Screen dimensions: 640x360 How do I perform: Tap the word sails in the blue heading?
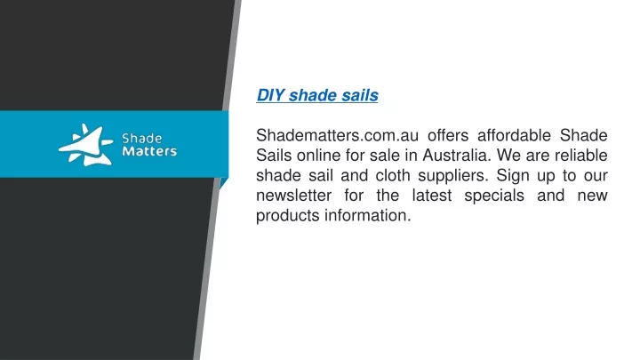[360, 95]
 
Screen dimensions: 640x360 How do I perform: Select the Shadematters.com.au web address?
[337, 135]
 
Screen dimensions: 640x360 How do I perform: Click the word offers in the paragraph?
[448, 135]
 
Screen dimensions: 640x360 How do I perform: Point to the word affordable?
[514, 135]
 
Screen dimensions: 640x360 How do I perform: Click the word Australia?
[456, 155]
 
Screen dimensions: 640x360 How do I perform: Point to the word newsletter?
[294, 195]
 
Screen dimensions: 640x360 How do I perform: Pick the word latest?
[432, 195]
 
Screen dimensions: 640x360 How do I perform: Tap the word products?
[288, 216]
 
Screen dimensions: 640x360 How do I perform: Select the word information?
[368, 215]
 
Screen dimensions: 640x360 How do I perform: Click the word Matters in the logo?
[149, 151]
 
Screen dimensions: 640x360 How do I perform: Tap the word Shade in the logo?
[141, 139]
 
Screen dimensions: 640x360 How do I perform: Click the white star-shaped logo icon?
[86, 145]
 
